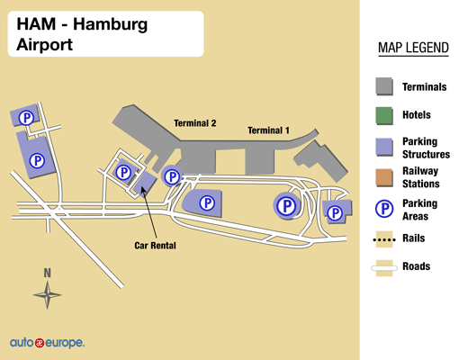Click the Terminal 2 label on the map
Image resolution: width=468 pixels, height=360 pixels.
(x=195, y=123)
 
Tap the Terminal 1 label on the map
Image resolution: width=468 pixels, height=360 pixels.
(x=269, y=130)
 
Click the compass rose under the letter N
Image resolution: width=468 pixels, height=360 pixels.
(x=48, y=292)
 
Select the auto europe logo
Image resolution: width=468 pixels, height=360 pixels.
(x=47, y=343)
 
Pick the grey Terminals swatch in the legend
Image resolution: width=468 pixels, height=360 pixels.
(x=384, y=86)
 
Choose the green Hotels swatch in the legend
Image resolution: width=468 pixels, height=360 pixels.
(x=384, y=115)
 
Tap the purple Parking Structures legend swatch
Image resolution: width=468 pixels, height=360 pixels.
(x=384, y=147)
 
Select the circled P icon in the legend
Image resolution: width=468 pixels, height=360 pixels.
(x=384, y=209)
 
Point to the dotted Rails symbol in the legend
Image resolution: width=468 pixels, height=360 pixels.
(x=384, y=238)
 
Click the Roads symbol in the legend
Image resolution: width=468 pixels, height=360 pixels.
(x=384, y=266)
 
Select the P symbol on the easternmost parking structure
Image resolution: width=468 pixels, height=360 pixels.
(x=335, y=213)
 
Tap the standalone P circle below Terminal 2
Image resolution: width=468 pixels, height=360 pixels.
(x=171, y=177)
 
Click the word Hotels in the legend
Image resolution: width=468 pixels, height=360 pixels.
(x=417, y=115)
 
